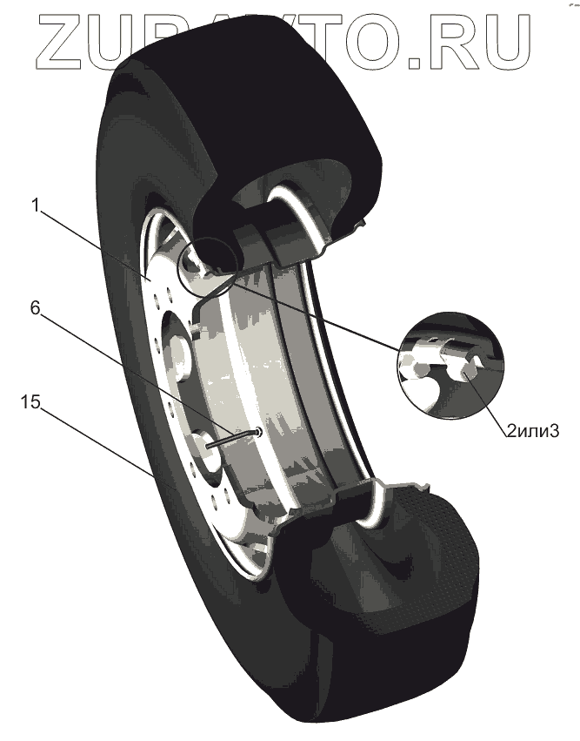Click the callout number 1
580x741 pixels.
tap(36, 207)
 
